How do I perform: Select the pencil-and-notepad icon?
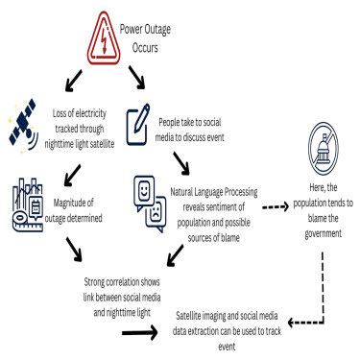pyautogui.click(x=138, y=124)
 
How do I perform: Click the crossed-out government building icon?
pyautogui.click(x=324, y=148)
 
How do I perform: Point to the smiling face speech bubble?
pyautogui.click(x=144, y=193)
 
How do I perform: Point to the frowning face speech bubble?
pyautogui.click(x=156, y=214)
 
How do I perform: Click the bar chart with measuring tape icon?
pyautogui.click(x=28, y=204)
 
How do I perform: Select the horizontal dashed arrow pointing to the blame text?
pyautogui.click(x=276, y=207)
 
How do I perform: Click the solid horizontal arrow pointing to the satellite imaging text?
pyautogui.click(x=139, y=332)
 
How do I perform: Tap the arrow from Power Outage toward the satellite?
pyautogui.click(x=73, y=81)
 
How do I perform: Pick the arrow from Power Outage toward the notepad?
pyautogui.click(x=137, y=77)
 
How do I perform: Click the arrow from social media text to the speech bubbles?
pyautogui.click(x=181, y=163)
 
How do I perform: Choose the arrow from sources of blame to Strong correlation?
pyautogui.click(x=176, y=255)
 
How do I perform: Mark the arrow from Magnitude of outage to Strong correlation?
pyautogui.click(x=74, y=250)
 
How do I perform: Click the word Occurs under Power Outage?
pyautogui.click(x=145, y=48)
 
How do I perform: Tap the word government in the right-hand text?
pyautogui.click(x=324, y=233)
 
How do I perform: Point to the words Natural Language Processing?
pyautogui.click(x=214, y=192)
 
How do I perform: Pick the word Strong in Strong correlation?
pyautogui.click(x=94, y=282)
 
